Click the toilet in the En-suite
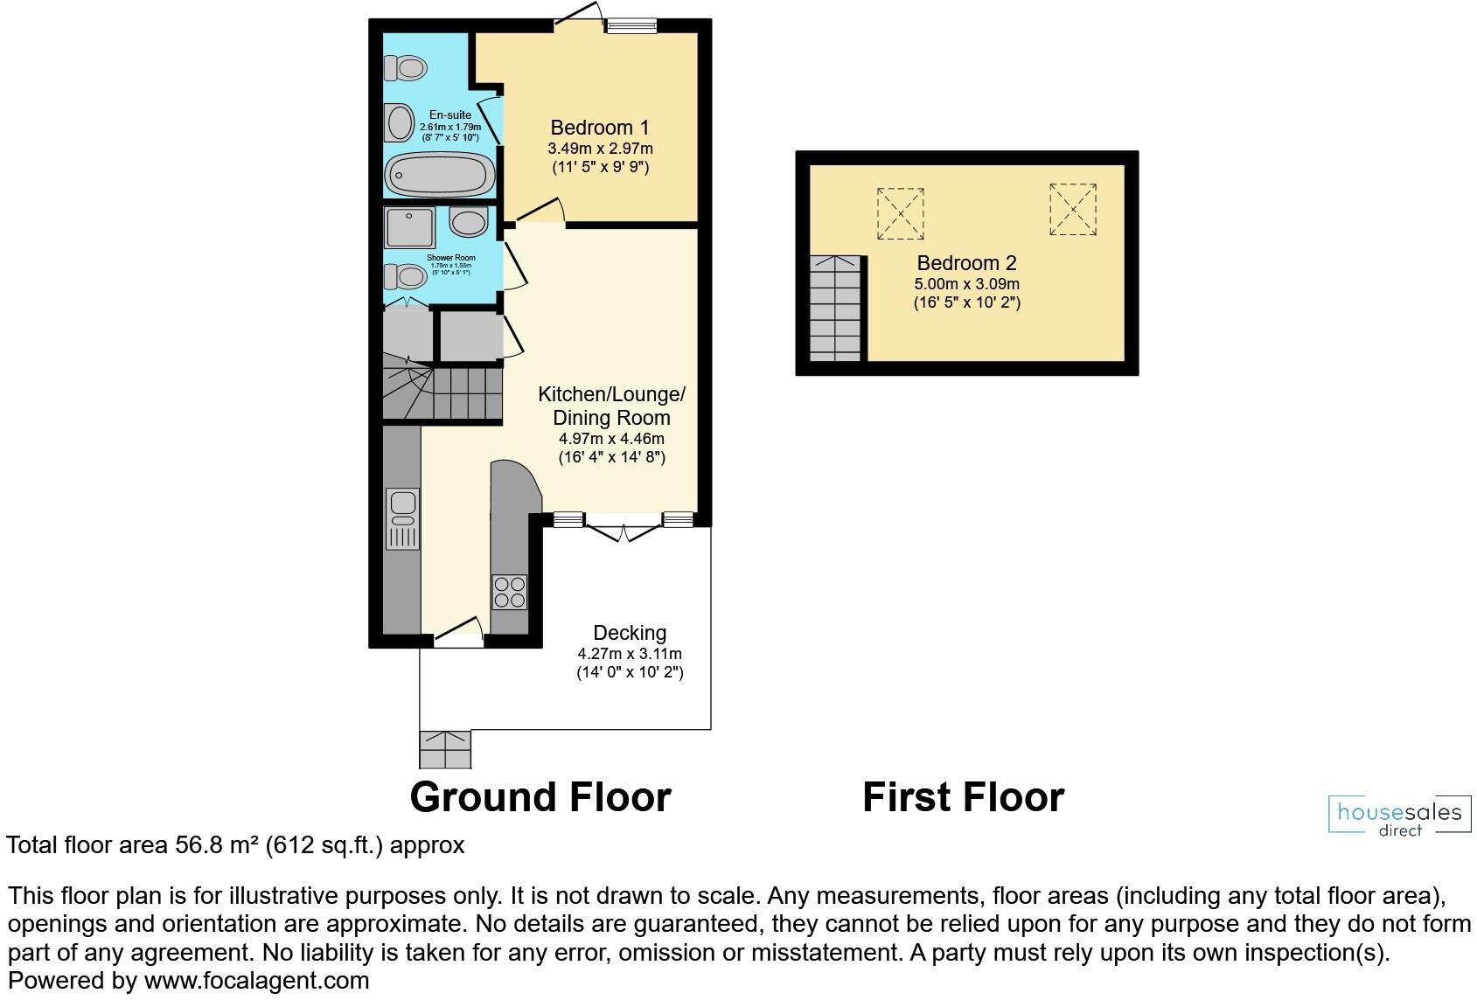407,66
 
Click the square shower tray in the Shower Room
409,228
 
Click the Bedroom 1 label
600,128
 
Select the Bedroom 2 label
966,263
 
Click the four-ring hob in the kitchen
510,592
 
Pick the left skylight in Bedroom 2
900,213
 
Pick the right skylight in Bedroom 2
1073,208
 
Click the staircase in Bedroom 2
836,309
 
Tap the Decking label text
630,633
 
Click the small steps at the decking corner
445,749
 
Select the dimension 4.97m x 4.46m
611,439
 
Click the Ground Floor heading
540,797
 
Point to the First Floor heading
963,797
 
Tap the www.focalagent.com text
256,981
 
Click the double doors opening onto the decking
623,530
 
